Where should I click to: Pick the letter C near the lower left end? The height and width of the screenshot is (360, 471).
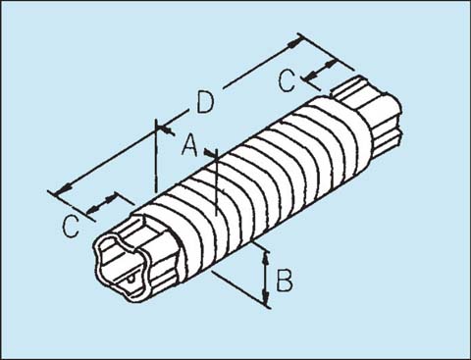click(70, 227)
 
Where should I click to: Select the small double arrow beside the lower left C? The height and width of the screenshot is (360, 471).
click(100, 206)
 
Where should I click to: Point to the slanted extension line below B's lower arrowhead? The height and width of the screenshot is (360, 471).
click(240, 291)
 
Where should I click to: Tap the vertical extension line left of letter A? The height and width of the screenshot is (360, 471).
click(156, 157)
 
